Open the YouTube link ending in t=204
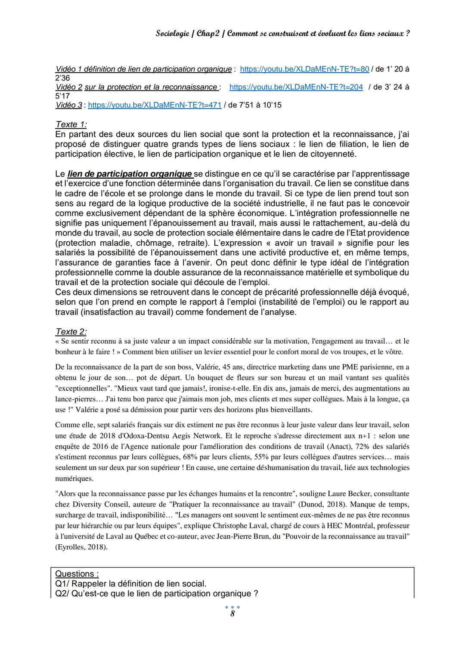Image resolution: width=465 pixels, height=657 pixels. coord(296,87)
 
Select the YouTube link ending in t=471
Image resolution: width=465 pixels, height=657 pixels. coord(155,105)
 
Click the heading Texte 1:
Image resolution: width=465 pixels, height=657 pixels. coord(71,124)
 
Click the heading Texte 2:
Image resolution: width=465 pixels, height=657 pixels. coord(71,332)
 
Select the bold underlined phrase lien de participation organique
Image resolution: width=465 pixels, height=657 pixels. coord(130,174)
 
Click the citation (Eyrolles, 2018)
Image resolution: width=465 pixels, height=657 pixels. coord(81,547)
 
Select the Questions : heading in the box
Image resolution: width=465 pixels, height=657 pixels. coord(77,574)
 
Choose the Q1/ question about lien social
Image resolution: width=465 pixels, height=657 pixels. coord(131,584)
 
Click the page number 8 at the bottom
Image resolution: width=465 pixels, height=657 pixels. coord(232,614)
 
